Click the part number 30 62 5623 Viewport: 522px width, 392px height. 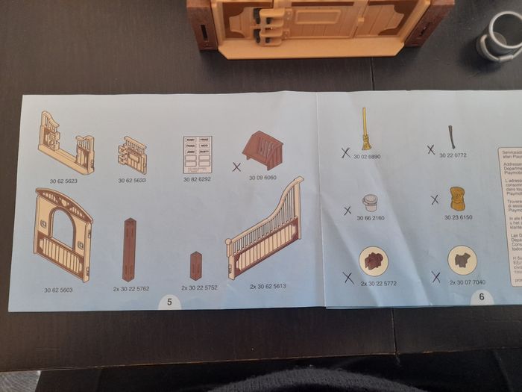tap(64, 181)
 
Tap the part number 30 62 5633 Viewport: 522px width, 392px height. tap(131, 181)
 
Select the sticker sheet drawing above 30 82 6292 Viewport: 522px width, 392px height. tap(198, 155)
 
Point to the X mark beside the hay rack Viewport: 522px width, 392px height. tap(236, 167)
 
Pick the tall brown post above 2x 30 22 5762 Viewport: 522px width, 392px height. tap(131, 249)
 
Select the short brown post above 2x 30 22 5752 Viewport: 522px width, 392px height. tap(196, 266)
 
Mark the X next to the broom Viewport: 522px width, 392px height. tap(345, 152)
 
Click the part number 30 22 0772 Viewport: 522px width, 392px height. tap(452, 155)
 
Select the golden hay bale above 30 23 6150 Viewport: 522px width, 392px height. tap(456, 199)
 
